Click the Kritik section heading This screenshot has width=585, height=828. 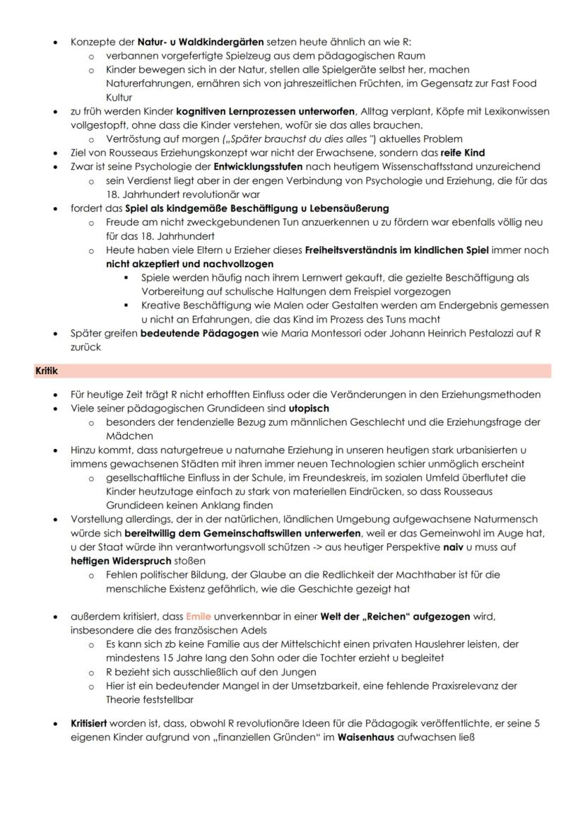click(x=47, y=371)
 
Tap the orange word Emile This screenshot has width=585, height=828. click(x=199, y=617)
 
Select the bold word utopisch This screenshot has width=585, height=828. click(x=309, y=409)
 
